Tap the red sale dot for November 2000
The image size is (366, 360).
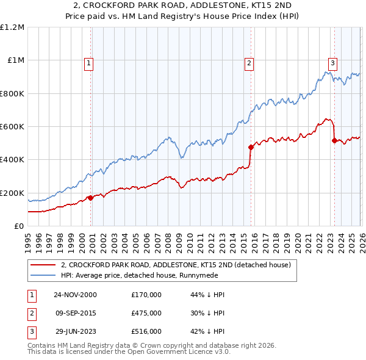pos(91,198)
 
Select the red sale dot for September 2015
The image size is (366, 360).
pos(250,147)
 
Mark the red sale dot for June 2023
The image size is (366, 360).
pos(334,140)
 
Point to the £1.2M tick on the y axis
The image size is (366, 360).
pos(12,27)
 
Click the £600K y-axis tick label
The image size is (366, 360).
pos(12,127)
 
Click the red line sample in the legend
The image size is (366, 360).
pos(43,265)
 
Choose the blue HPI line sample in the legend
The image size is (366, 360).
pos(43,275)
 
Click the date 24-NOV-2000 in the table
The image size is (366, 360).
pos(75,295)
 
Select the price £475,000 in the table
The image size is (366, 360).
pos(146,312)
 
